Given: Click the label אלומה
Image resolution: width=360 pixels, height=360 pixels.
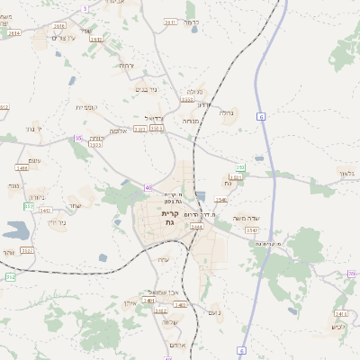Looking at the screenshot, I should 124,130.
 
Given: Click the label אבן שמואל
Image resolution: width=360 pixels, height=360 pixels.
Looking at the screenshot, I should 167,291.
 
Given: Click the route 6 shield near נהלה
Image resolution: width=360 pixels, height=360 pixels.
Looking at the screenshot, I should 260,117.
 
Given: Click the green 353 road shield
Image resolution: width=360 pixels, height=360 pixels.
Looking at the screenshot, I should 239,167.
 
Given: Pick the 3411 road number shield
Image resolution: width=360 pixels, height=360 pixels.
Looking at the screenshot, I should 340,313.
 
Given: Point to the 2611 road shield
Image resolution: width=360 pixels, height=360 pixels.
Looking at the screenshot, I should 170,22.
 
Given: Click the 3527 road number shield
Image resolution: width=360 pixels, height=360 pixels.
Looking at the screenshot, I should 27,249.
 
